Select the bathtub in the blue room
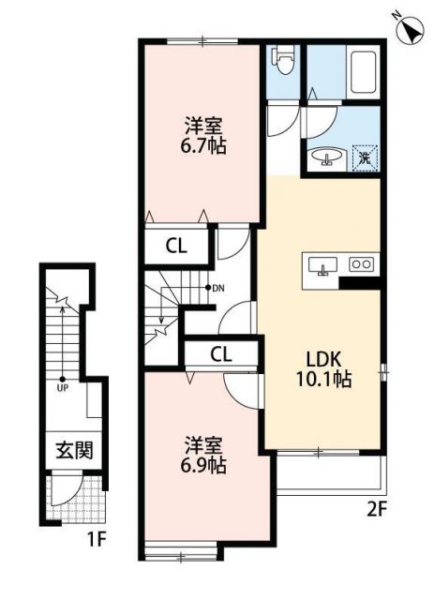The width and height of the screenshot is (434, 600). pos(363,72)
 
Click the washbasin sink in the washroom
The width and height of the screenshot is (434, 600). pos(323,157)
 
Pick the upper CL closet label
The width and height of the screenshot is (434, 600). pos(175,247)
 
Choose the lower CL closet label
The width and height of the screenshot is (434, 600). pos(220,353)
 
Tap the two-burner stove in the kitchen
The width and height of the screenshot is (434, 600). pos(361,264)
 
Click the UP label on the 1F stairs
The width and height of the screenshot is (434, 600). pos(63,385)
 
